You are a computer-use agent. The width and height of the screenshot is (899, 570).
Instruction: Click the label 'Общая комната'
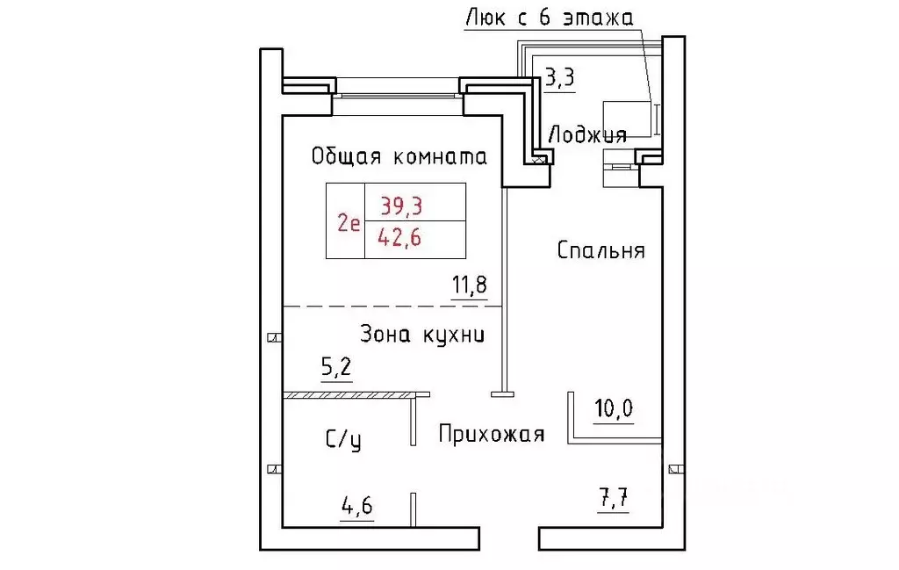click(399, 157)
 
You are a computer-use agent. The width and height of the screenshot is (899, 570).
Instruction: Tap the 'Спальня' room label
click(601, 251)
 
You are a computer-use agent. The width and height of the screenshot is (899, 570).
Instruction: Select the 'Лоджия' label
click(586, 135)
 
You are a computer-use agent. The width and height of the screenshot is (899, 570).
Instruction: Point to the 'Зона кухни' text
click(422, 335)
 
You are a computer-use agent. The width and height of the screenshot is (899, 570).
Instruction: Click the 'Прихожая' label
click(492, 435)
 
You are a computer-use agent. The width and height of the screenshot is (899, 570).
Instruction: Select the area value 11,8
click(469, 286)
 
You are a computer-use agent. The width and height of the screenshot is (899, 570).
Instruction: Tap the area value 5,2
click(336, 368)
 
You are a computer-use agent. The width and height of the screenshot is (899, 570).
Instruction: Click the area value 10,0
click(614, 408)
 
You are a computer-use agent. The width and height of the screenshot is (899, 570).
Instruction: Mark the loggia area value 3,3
click(559, 78)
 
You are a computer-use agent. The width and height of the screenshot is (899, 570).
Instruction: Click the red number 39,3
click(401, 206)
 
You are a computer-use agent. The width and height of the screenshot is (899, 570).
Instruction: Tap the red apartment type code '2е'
click(348, 222)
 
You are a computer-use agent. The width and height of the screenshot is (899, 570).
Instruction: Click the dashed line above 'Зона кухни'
click(392, 306)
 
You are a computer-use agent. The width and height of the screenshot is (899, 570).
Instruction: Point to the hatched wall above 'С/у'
click(356, 395)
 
